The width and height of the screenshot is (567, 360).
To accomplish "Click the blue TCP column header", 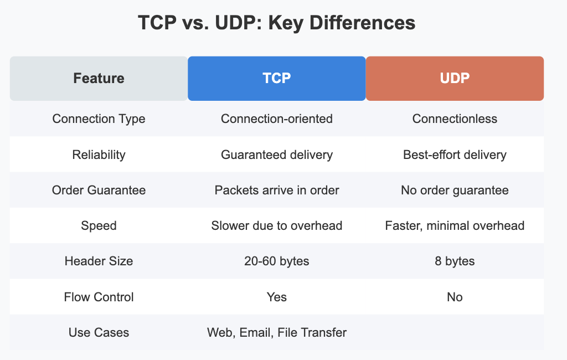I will pyautogui.click(x=277, y=78).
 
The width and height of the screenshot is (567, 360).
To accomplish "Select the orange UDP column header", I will pyautogui.click(x=455, y=78).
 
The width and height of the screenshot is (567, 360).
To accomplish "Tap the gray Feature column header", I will pyautogui.click(x=99, y=78).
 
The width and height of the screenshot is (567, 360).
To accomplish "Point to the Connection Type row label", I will pyautogui.click(x=99, y=119).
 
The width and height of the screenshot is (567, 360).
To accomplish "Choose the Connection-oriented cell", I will pyautogui.click(x=277, y=119).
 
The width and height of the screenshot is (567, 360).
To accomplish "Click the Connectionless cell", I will pyautogui.click(x=455, y=119).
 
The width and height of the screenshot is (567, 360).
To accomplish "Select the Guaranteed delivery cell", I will pyautogui.click(x=277, y=155).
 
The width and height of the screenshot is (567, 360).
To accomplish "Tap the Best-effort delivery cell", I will pyautogui.click(x=455, y=155).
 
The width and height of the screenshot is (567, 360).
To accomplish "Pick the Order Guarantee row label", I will pyautogui.click(x=99, y=190).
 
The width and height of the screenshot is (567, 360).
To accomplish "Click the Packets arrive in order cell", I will pyautogui.click(x=277, y=190).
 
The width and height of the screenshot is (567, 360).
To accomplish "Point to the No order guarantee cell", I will pyautogui.click(x=455, y=190).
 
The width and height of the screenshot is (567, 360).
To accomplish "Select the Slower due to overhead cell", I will pyautogui.click(x=277, y=225).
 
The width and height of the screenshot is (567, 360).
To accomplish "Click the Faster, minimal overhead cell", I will pyautogui.click(x=455, y=225).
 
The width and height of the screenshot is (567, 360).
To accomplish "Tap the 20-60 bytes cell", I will pyautogui.click(x=277, y=261).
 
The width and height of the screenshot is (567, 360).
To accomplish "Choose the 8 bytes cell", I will pyautogui.click(x=455, y=261).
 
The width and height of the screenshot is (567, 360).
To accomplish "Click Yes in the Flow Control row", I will pyautogui.click(x=277, y=297).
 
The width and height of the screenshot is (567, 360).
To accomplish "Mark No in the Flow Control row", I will pyautogui.click(x=455, y=297).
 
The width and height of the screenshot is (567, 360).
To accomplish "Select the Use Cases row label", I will pyautogui.click(x=99, y=332).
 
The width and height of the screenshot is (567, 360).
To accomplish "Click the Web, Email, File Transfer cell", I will pyautogui.click(x=277, y=332).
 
